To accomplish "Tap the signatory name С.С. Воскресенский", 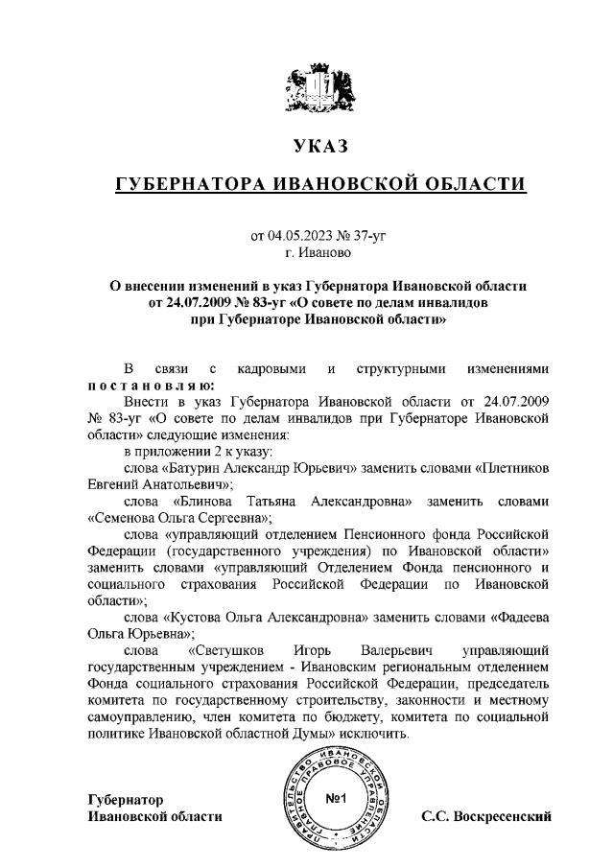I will pyautogui.click(x=486, y=817).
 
